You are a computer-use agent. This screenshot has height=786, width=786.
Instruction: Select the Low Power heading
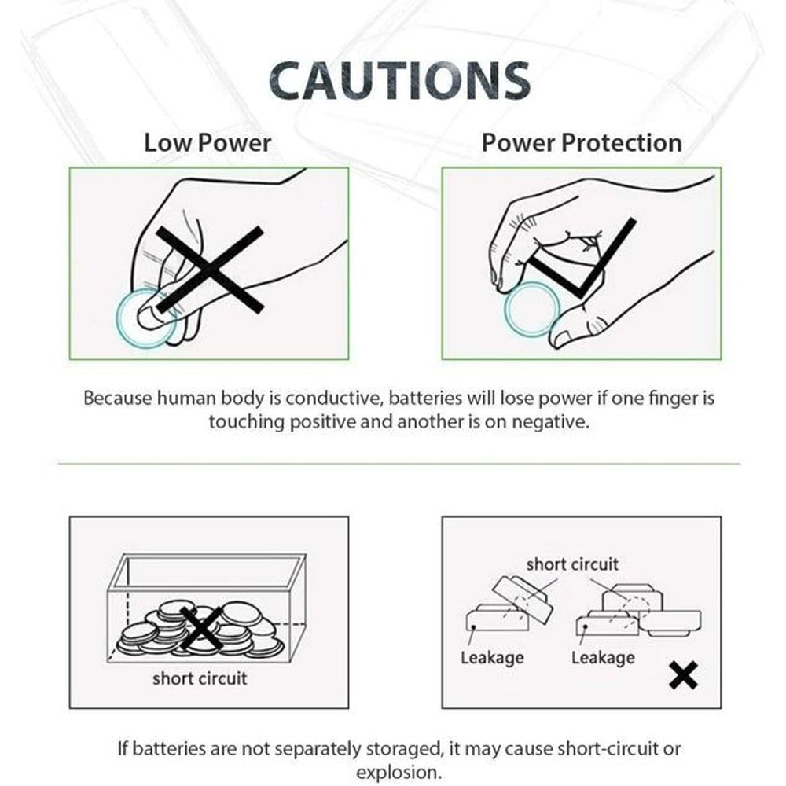pos(208,143)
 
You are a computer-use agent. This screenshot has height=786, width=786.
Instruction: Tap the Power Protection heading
pos(581,143)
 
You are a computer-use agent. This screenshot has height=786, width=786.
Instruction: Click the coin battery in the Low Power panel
pos(146,318)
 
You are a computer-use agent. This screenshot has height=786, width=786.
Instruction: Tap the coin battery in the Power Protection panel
pos(532,309)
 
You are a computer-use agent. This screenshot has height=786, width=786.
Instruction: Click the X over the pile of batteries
pos(201,628)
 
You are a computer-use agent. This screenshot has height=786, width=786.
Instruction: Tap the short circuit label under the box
pos(200,678)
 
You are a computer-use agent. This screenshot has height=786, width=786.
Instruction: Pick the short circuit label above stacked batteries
pos(571,564)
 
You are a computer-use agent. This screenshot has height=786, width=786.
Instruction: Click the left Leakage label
pos(492,657)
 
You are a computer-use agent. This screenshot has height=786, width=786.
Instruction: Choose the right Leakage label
pos(603,657)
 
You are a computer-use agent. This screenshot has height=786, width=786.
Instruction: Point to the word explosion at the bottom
pos(399,771)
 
